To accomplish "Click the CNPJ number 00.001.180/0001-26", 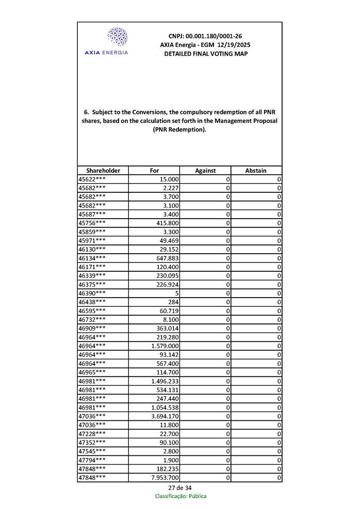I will [x=205, y=36].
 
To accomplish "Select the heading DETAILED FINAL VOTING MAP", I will [x=205, y=54].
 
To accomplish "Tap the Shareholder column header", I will [x=103, y=170].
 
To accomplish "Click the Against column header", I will [x=205, y=170].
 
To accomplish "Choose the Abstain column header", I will [x=256, y=170].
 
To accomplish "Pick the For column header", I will [x=154, y=170].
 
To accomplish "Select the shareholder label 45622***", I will [x=92, y=179].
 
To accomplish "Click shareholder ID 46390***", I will [x=92, y=293].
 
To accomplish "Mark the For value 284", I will [x=173, y=302].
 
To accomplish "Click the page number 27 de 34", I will [x=179, y=487].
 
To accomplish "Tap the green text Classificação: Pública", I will [x=181, y=496].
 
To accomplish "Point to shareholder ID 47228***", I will [x=92, y=433].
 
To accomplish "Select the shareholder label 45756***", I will [x=92, y=223].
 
